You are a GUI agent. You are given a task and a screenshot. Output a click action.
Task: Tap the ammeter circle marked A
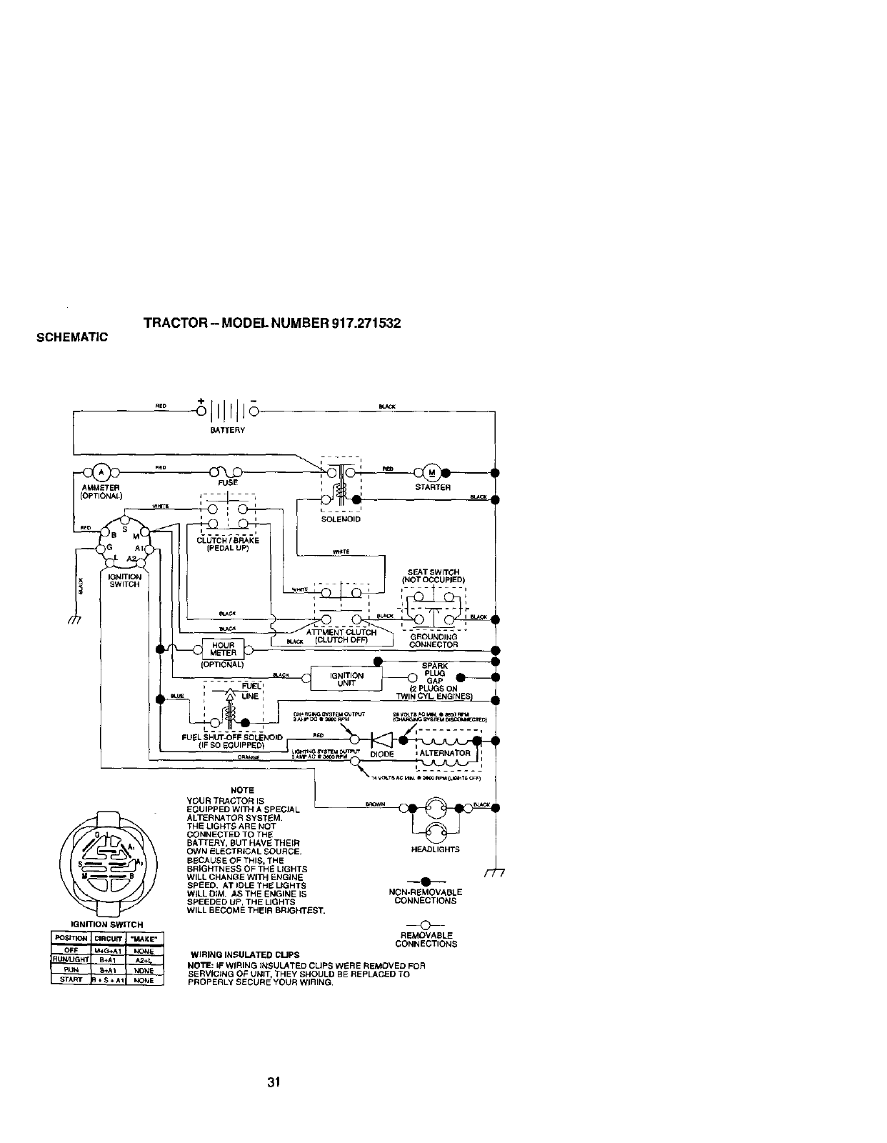[101, 472]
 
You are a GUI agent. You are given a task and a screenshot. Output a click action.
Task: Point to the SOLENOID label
[342, 519]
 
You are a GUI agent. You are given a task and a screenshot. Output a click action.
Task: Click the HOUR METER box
[224, 649]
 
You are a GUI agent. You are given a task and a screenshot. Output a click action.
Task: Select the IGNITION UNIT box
[346, 679]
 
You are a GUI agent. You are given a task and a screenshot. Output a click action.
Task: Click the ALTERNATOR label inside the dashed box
[445, 753]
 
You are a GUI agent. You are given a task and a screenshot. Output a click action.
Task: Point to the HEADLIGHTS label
[436, 849]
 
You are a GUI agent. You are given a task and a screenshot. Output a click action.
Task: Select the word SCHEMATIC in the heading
[71, 336]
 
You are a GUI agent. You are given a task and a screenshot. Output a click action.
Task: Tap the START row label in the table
[70, 980]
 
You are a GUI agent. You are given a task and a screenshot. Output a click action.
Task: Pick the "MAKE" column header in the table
[144, 938]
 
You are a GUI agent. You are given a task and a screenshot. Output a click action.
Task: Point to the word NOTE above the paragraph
[243, 790]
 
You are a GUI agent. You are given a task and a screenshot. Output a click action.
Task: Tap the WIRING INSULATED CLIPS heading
[245, 955]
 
